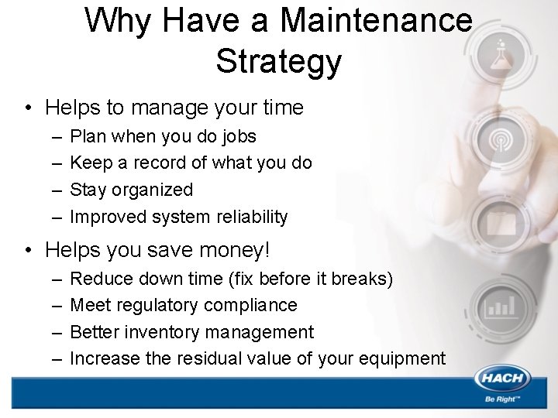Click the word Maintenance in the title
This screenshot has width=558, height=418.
[x=376, y=20]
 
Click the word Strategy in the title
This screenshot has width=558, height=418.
[x=278, y=62]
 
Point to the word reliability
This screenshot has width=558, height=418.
[x=251, y=218]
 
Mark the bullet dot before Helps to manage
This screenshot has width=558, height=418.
[x=29, y=107]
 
